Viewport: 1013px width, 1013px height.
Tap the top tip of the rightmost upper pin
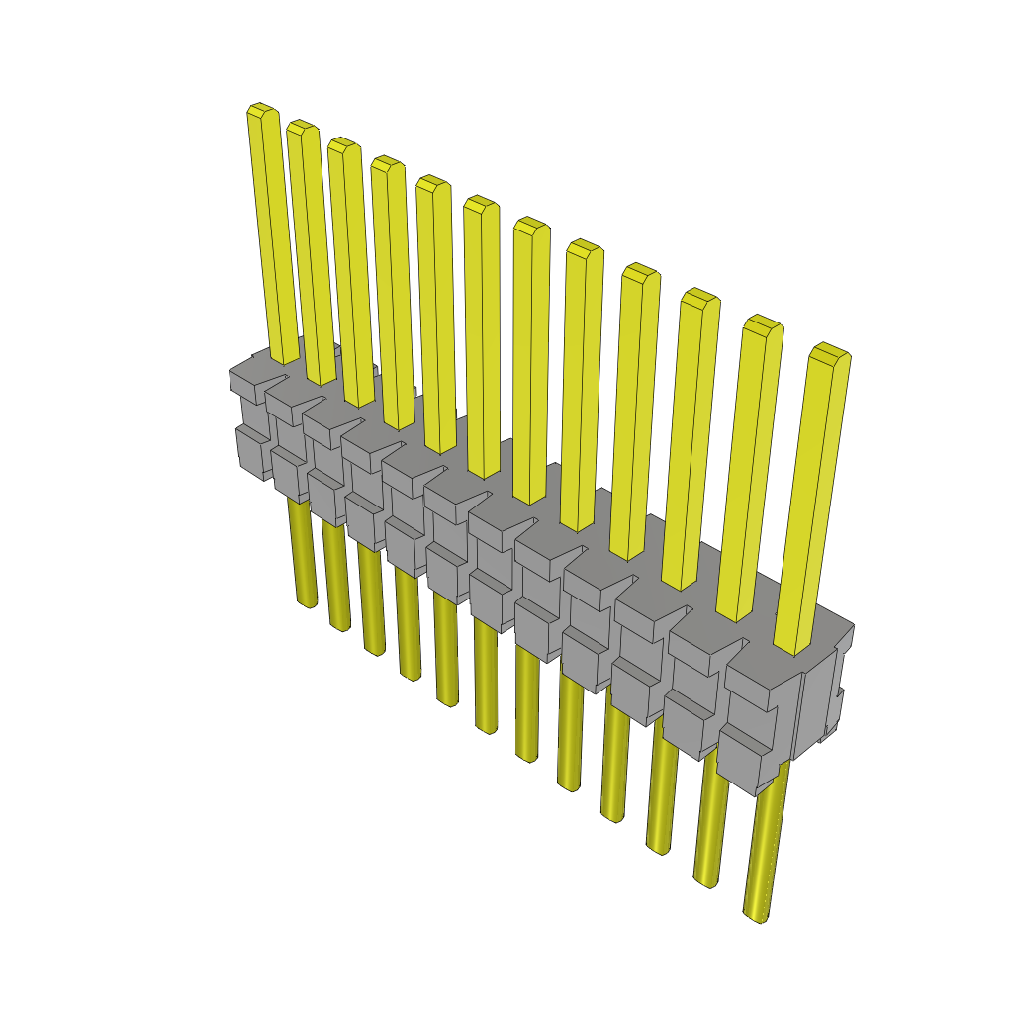tap(830, 349)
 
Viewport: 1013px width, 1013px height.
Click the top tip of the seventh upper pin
tap(530, 222)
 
